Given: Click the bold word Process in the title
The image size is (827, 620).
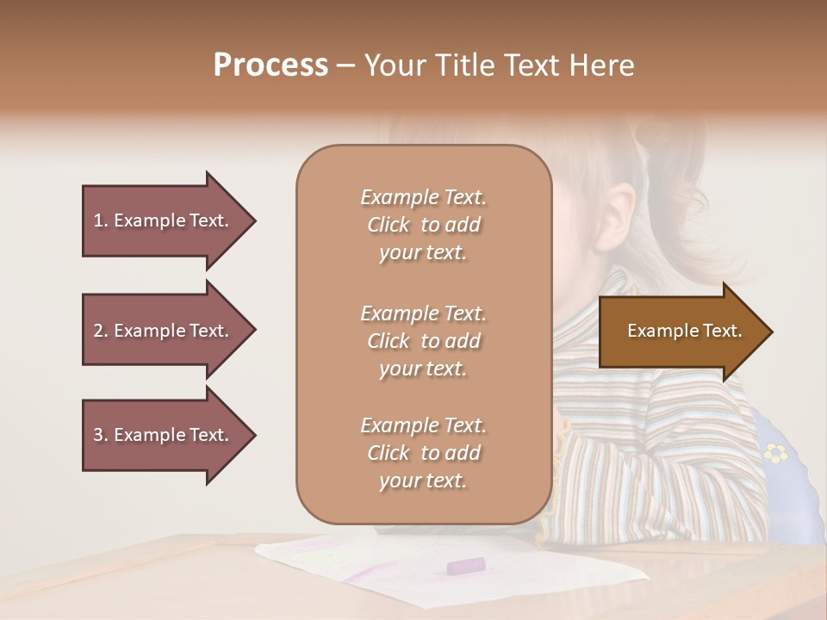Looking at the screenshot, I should click(x=270, y=65).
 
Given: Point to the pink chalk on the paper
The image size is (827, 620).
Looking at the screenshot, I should click(x=465, y=566).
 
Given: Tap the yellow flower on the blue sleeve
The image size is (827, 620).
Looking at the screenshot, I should click(x=777, y=452).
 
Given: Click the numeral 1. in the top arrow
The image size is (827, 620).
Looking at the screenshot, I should click(x=101, y=220).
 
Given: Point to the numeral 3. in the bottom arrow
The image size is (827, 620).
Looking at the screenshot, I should click(x=101, y=435).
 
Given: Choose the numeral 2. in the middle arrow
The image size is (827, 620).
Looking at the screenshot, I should click(x=101, y=331).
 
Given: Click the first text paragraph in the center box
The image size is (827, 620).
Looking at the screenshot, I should click(x=423, y=225).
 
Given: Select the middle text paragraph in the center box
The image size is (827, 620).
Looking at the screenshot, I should click(x=423, y=341).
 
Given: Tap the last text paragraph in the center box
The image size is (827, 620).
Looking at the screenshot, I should click(x=423, y=453).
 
